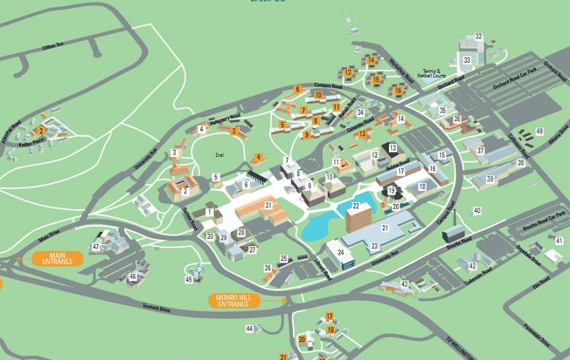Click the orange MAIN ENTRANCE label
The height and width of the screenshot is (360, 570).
[x=57, y=258]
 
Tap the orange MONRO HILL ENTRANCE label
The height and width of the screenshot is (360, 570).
[x=234, y=301]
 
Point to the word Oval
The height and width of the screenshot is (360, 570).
[x=219, y=155]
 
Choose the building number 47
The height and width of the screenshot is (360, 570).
[x=96, y=247]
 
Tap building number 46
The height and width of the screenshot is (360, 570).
[x=133, y=276]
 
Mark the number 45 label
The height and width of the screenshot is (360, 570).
[x=189, y=279]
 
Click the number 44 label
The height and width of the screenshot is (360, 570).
[x=249, y=329]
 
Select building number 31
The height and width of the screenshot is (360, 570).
[x=269, y=205]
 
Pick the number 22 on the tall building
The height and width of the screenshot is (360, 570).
[x=356, y=206]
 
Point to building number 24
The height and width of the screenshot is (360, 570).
[x=341, y=252]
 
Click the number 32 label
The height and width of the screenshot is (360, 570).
[x=479, y=36]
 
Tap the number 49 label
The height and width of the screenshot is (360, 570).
[x=539, y=131]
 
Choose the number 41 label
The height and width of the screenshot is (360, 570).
[x=559, y=241]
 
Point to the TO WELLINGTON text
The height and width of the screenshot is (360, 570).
[x=459, y=347]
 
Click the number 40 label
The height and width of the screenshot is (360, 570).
[x=477, y=210]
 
